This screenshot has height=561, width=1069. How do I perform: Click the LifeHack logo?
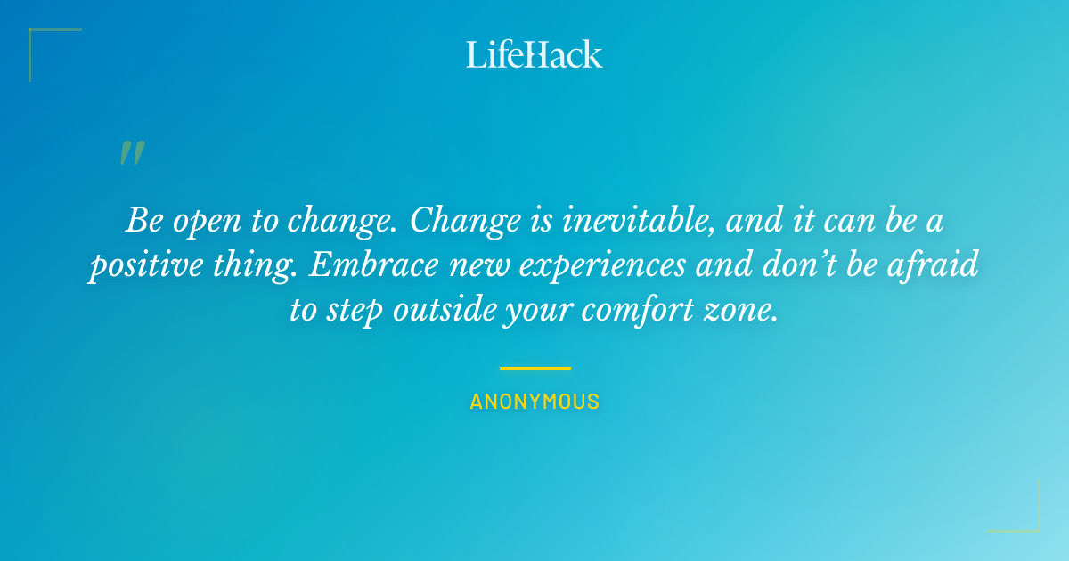point(534,54)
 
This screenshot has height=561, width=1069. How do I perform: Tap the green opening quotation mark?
point(131,153)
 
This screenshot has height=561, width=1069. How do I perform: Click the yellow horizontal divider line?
point(534,367)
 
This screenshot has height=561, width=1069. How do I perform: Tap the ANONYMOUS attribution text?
point(534,402)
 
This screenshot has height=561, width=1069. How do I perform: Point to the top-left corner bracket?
point(36,36)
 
